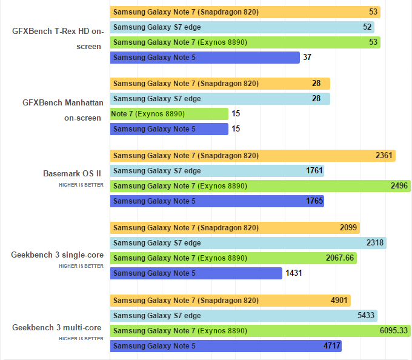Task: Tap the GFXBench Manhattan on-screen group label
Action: point(63,110)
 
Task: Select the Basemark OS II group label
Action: point(71,173)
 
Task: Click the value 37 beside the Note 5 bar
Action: point(307,58)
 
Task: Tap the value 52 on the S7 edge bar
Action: point(367,27)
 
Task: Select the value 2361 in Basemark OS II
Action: point(384,156)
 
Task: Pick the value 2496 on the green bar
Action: point(399,186)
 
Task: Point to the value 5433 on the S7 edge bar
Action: point(367,316)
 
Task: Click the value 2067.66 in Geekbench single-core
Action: point(339,258)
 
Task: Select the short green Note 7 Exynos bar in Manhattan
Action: point(169,114)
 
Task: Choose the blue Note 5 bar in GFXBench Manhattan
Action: point(169,129)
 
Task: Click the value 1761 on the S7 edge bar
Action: point(314,171)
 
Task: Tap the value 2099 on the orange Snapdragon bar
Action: point(348,228)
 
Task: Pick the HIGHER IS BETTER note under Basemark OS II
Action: point(81,184)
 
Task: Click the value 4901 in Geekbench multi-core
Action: point(339,301)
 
